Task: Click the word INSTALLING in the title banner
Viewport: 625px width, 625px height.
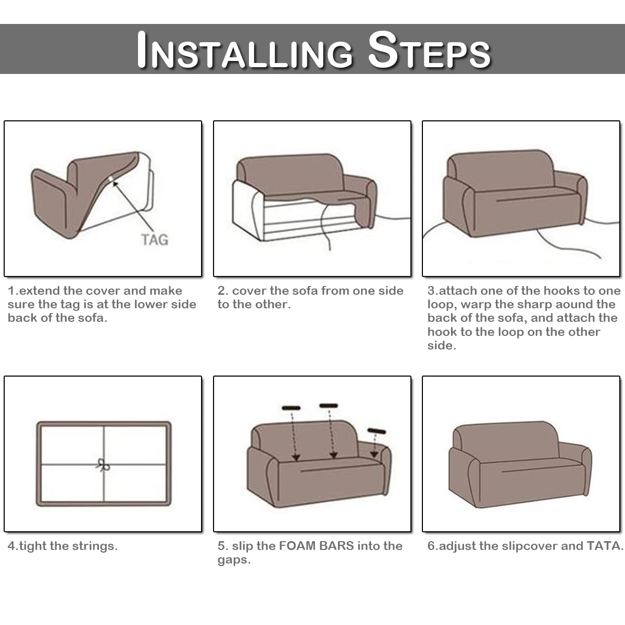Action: coord(245,50)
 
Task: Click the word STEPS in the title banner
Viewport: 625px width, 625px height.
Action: coord(429,50)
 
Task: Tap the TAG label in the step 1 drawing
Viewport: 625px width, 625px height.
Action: coord(155,240)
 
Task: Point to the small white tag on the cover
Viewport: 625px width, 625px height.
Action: coord(110,179)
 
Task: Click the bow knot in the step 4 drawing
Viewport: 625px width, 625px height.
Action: coord(104,466)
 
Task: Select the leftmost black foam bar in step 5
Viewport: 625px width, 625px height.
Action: coord(291,408)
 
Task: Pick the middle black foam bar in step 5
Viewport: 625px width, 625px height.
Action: coord(328,405)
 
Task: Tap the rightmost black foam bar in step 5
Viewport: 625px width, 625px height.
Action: coord(377,431)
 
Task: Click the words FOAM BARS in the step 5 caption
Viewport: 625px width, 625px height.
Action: coord(316,546)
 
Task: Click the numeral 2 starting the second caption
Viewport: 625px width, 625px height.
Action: coord(221,291)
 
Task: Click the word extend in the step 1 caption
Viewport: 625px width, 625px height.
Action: coord(40,291)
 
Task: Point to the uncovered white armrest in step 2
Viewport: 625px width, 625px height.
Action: coord(248,211)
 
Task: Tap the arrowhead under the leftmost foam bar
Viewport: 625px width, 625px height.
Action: coord(296,458)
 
